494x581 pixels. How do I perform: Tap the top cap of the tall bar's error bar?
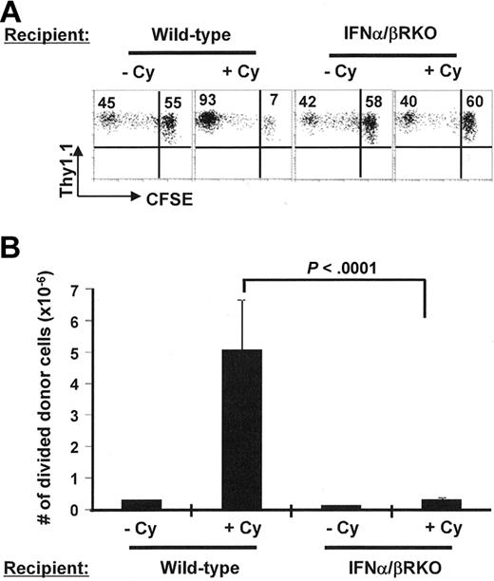[x=241, y=300]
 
